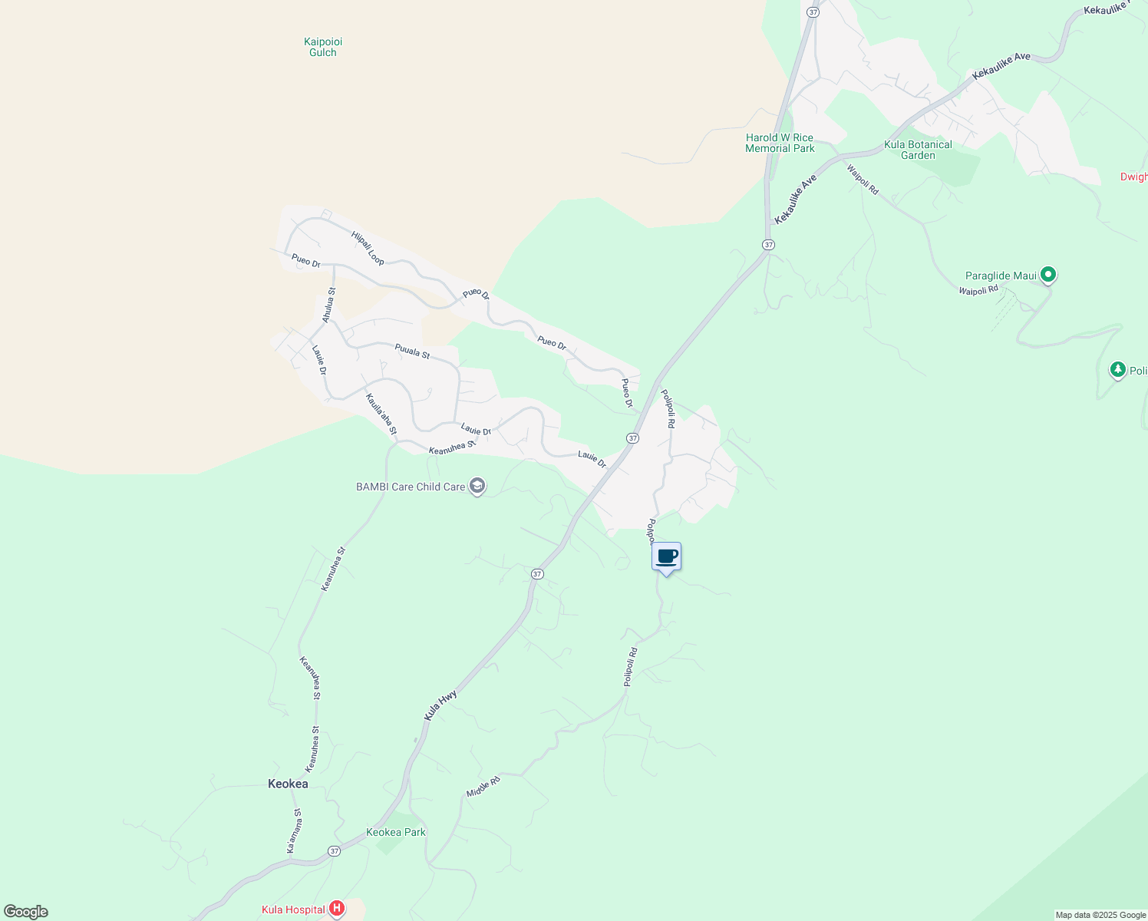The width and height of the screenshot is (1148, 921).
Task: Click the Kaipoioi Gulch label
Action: click(323, 47)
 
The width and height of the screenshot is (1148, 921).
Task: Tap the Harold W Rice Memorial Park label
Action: click(780, 144)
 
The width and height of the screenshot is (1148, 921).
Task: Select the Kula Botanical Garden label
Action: click(918, 150)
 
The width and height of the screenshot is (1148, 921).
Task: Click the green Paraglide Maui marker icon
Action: click(1048, 275)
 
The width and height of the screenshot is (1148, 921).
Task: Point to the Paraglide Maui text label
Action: click(1001, 276)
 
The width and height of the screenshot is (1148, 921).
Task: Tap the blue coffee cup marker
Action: click(666, 557)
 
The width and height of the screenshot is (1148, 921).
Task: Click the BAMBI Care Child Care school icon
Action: click(477, 487)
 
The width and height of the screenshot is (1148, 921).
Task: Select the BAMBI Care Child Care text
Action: click(411, 487)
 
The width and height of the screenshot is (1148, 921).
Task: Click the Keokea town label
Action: click(288, 784)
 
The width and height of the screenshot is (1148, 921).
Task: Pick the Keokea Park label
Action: click(396, 832)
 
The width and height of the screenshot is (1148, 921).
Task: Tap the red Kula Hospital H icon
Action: click(336, 909)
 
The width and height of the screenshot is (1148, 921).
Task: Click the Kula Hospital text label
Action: click(293, 910)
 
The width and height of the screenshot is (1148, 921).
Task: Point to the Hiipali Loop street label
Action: click(368, 249)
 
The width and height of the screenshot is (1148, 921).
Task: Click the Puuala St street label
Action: click(412, 352)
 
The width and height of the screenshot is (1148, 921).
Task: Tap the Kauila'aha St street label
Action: click(381, 414)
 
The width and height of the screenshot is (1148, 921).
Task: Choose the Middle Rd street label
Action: click(483, 786)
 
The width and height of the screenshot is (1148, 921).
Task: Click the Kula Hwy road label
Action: click(440, 705)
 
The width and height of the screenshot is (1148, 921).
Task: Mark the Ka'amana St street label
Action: click(294, 830)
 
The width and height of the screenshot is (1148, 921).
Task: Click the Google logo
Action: click(25, 912)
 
